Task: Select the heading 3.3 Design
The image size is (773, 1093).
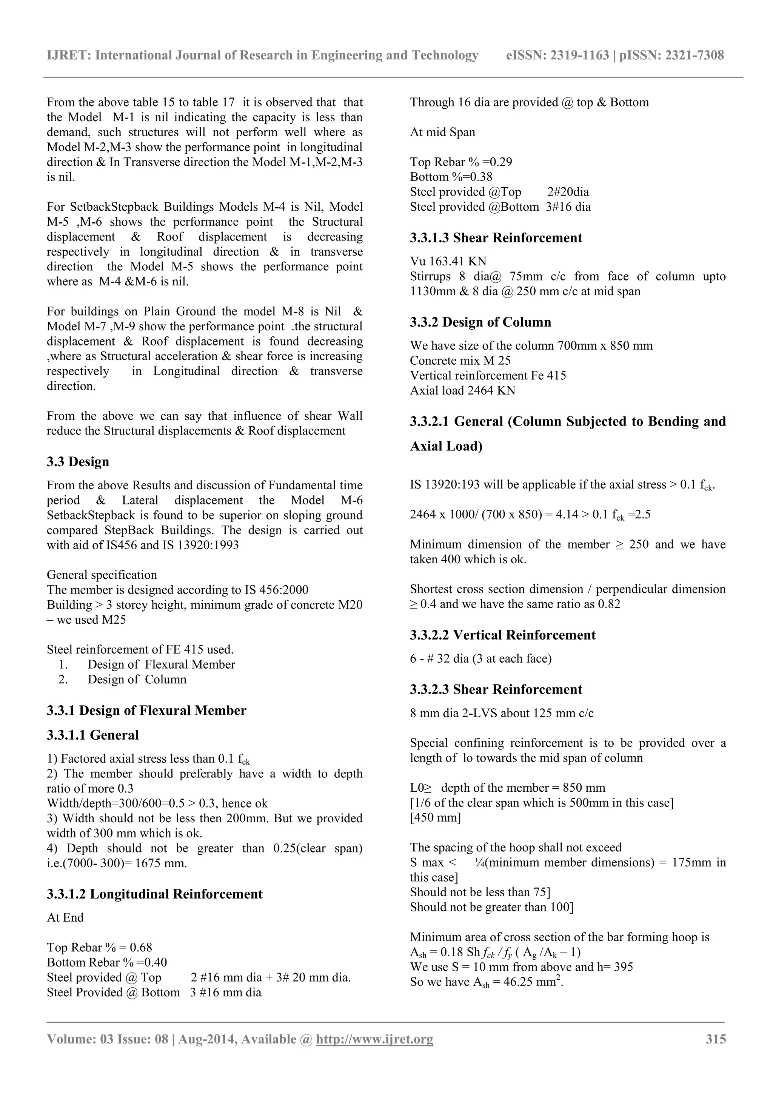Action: point(78,462)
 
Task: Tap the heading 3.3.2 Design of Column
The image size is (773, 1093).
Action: point(480,322)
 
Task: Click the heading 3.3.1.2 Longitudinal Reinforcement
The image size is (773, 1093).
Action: point(155,894)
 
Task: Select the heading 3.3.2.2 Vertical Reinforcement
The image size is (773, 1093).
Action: point(503,635)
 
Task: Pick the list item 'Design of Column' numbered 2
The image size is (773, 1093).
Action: point(137,679)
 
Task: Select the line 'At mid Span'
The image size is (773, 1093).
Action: point(442,133)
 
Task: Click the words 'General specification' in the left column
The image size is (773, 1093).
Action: point(102,575)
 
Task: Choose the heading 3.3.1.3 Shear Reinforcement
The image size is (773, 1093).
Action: point(496,238)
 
